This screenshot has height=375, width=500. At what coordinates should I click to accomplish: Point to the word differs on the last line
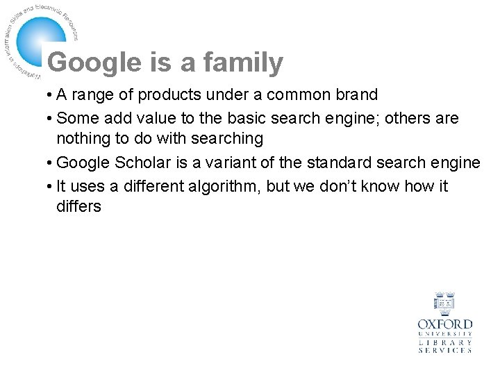pyautogui.click(x=78, y=206)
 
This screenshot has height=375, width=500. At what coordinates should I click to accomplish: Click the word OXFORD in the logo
pyautogui.click(x=444, y=324)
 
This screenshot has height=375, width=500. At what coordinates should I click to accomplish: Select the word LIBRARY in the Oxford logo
pyautogui.click(x=444, y=342)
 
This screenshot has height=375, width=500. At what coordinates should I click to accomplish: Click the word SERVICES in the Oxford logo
pyautogui.click(x=444, y=351)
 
